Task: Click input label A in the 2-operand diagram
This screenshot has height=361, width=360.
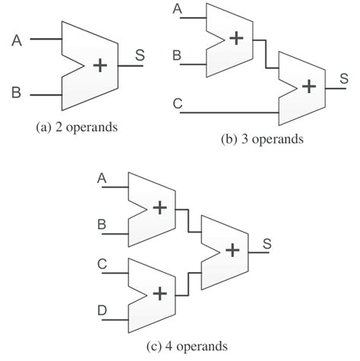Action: click(x=17, y=40)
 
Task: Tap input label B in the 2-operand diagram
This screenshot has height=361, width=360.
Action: click(x=17, y=94)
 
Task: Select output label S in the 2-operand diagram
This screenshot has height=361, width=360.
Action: click(x=141, y=54)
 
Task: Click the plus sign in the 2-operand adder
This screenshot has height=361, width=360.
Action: click(x=99, y=65)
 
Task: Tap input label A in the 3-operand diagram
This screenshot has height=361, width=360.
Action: click(x=177, y=9)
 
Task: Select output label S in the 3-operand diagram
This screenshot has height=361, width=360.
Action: click(x=344, y=78)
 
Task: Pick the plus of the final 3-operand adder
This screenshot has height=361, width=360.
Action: click(x=308, y=86)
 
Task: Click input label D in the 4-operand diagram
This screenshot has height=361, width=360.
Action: click(x=103, y=311)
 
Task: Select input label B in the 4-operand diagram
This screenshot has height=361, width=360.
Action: click(x=103, y=225)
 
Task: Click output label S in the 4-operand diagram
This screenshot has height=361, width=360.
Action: click(x=267, y=243)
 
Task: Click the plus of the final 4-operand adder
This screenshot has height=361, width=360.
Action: click(x=232, y=249)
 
